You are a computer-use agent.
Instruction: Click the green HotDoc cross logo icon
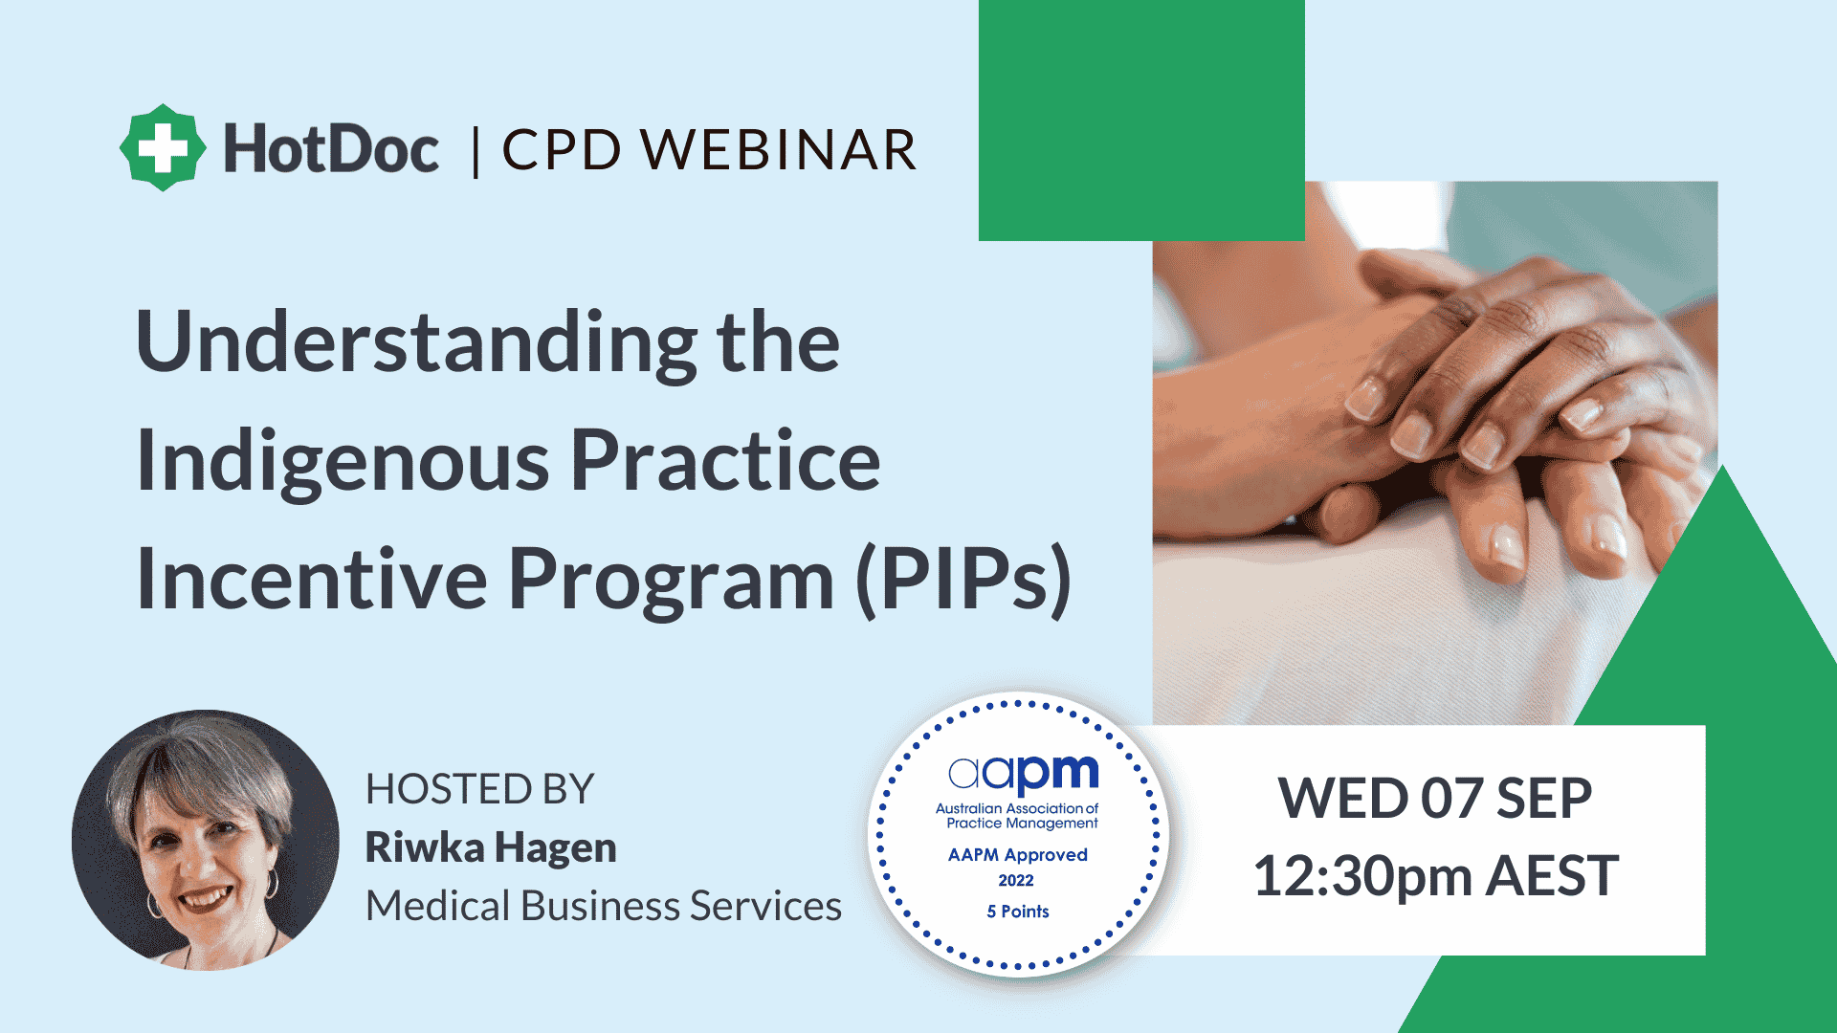point(163,148)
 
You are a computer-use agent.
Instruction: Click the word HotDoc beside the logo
point(331,149)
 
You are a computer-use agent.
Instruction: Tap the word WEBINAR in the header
point(778,150)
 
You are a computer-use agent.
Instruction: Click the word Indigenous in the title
point(343,461)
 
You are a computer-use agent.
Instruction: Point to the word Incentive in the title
point(311,580)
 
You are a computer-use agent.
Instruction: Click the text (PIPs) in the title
point(963,580)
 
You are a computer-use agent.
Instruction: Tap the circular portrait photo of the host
point(205,840)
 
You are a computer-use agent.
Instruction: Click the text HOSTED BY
point(479,789)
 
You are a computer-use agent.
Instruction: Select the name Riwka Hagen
point(491,847)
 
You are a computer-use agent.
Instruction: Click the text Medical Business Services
point(604,906)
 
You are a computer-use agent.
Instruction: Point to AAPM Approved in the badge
point(1017,854)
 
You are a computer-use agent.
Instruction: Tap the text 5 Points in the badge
point(1017,912)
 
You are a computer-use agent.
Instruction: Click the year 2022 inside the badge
point(1016,881)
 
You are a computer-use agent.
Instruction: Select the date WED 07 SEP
point(1434,798)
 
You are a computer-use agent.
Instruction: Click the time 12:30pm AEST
point(1435,875)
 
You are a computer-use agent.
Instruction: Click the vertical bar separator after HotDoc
point(476,151)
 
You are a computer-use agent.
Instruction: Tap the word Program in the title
point(671,580)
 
